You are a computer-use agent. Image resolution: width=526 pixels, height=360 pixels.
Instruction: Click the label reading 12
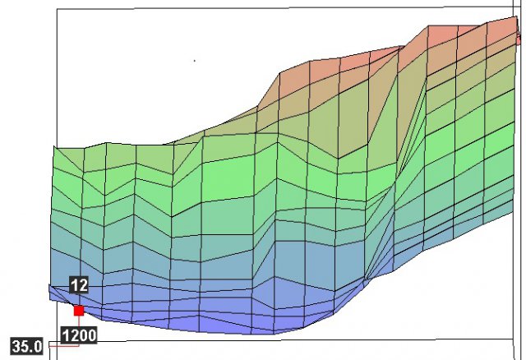tap(79, 285)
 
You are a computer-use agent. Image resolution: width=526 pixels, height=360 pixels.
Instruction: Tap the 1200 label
tap(79, 335)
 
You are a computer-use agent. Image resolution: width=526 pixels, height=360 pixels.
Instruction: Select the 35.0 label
tap(26, 346)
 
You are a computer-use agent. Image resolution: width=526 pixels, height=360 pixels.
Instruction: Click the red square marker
tap(79, 311)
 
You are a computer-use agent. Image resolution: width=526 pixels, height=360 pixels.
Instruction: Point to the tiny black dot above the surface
tap(195, 60)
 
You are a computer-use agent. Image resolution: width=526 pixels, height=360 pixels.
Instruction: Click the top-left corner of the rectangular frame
tap(56, 10)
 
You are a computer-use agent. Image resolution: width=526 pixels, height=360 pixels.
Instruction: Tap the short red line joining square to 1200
tap(79, 321)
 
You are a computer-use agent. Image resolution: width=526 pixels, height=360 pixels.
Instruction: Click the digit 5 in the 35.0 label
tap(24, 346)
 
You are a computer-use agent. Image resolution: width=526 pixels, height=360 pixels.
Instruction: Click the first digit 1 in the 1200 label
tap(67, 335)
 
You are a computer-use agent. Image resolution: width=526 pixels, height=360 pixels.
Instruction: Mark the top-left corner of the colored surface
tap(54, 147)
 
